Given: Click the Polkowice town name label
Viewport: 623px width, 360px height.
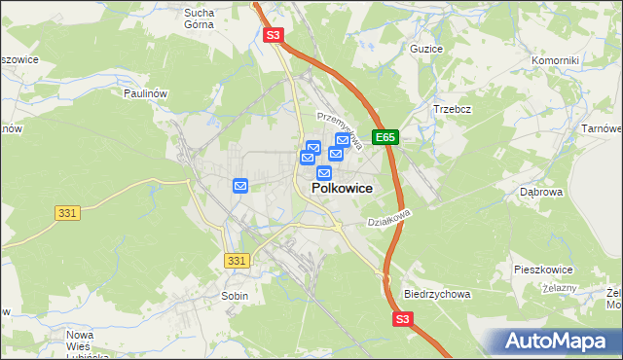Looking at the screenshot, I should click(341, 189).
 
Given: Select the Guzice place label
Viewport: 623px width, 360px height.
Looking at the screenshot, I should click(426, 49).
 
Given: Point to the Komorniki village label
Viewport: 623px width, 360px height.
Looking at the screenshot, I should click(555, 60).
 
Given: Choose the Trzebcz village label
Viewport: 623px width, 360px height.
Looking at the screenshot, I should click(452, 109).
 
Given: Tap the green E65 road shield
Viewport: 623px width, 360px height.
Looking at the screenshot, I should click(386, 138).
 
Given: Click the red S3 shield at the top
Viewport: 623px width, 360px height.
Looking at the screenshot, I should click(274, 36).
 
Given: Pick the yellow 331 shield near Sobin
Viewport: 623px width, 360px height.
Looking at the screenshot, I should click(237, 261).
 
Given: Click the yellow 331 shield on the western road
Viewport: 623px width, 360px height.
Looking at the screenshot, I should click(67, 213).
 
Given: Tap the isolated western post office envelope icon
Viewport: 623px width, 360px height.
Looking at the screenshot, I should click(240, 185).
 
